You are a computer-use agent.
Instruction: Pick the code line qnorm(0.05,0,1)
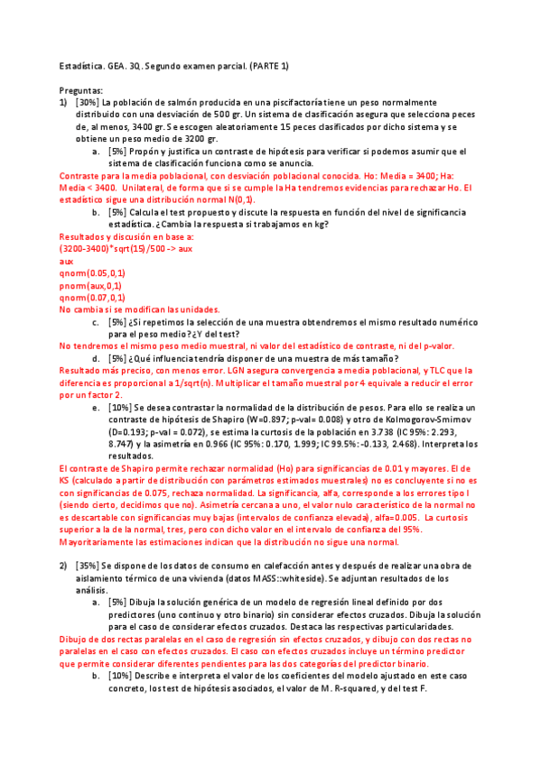tap(92, 272)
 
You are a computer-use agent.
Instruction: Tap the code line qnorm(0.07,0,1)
tap(92, 297)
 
